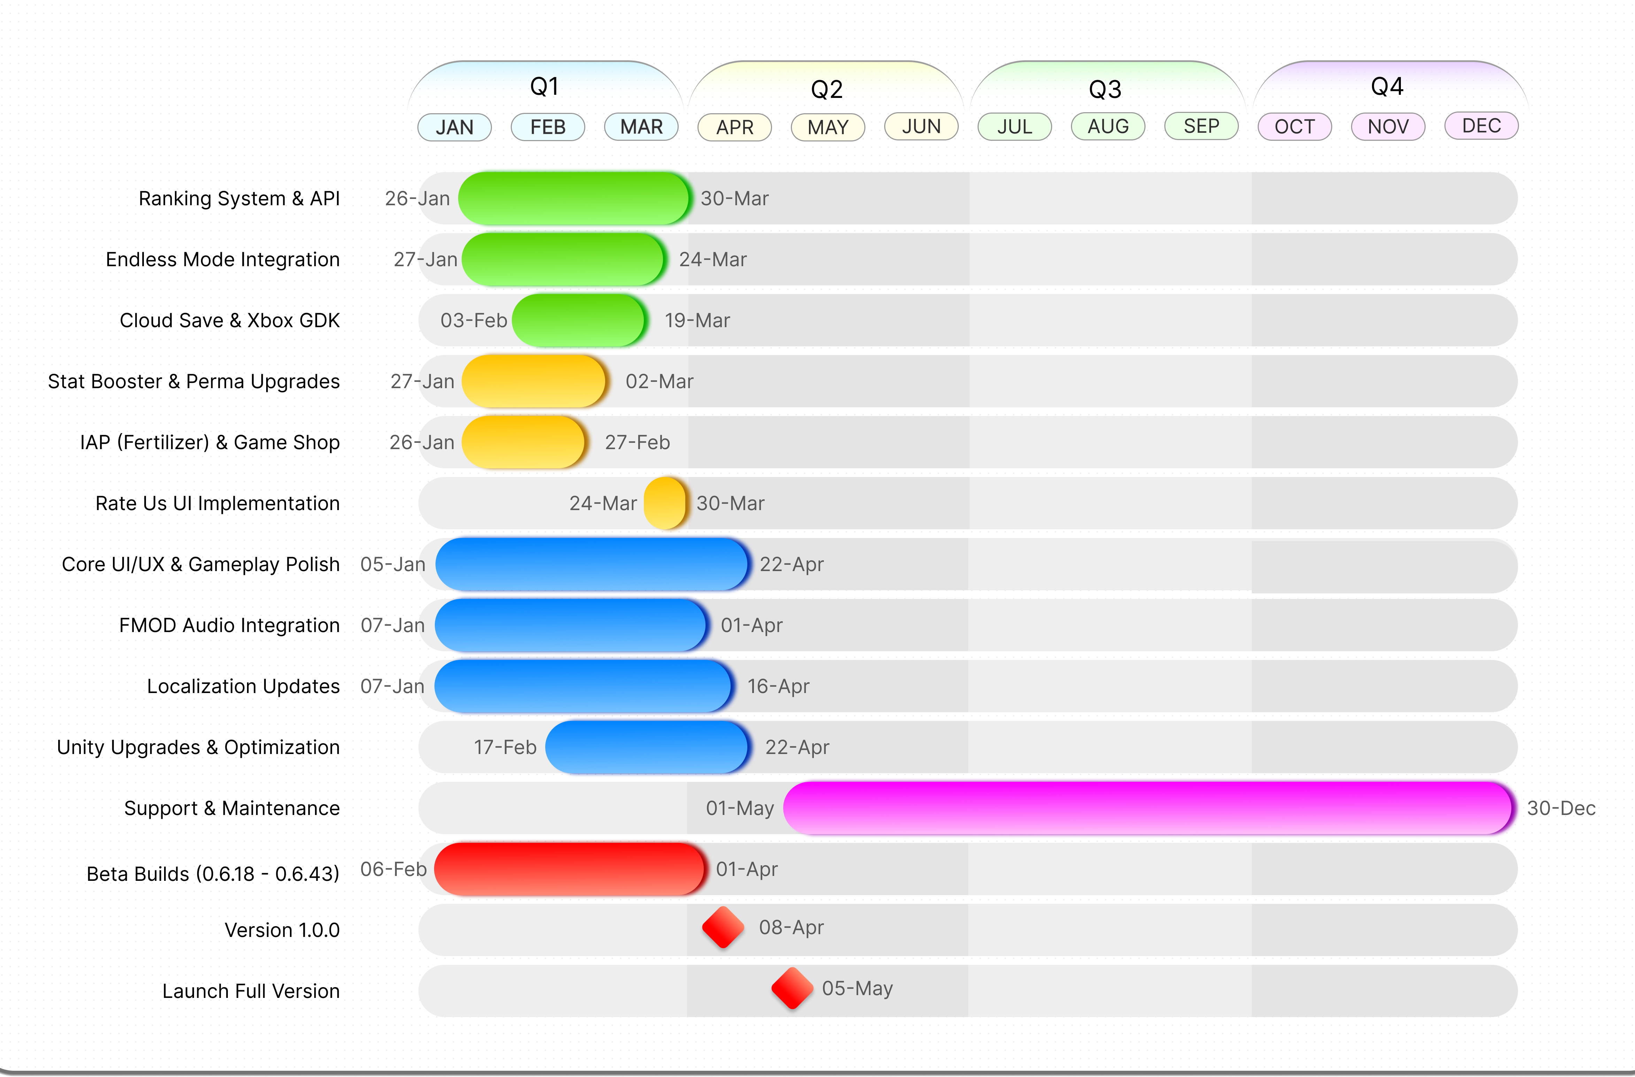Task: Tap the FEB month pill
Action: click(x=548, y=127)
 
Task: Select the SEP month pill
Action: click(x=1201, y=126)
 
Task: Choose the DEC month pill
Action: click(x=1481, y=126)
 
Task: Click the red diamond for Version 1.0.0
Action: click(x=723, y=927)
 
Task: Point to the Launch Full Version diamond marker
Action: click(x=792, y=988)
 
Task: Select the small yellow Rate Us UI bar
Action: click(x=665, y=503)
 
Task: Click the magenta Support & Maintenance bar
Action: click(x=1147, y=808)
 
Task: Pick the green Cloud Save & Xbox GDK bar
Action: click(x=578, y=320)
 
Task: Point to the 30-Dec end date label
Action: click(x=1561, y=808)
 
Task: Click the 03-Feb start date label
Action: click(x=473, y=320)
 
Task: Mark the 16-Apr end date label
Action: click(x=778, y=686)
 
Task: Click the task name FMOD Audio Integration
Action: click(x=230, y=625)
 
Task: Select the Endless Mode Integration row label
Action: click(x=223, y=259)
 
